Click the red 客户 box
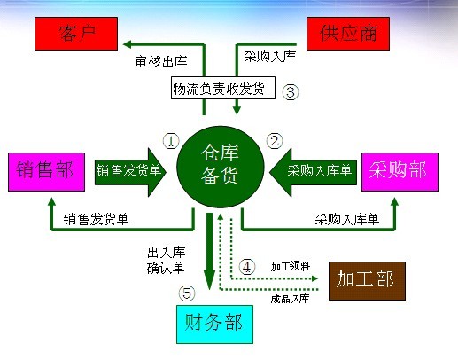pyautogui.click(x=76, y=34)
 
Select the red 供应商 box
pyautogui.click(x=348, y=34)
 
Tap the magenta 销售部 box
pyautogui.click(x=46, y=172)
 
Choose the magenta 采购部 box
pyautogui.click(x=400, y=172)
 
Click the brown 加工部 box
pyautogui.click(x=367, y=281)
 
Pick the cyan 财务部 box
pyautogui.click(x=214, y=325)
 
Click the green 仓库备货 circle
pyautogui.click(x=220, y=168)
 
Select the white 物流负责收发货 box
pyautogui.click(x=223, y=88)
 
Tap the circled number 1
pyautogui.click(x=171, y=141)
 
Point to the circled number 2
pyautogui.click(x=275, y=141)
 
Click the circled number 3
pyautogui.click(x=291, y=92)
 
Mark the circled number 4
pyautogui.click(x=247, y=267)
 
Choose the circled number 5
pyautogui.click(x=187, y=293)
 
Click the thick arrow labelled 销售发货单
pyautogui.click(x=130, y=172)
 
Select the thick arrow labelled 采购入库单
pyautogui.click(x=313, y=172)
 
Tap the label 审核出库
pyautogui.click(x=161, y=61)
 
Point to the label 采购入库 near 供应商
pyautogui.click(x=270, y=56)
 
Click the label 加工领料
pyautogui.click(x=291, y=266)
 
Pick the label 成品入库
pyautogui.click(x=290, y=299)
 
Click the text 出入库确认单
pyautogui.click(x=167, y=260)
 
